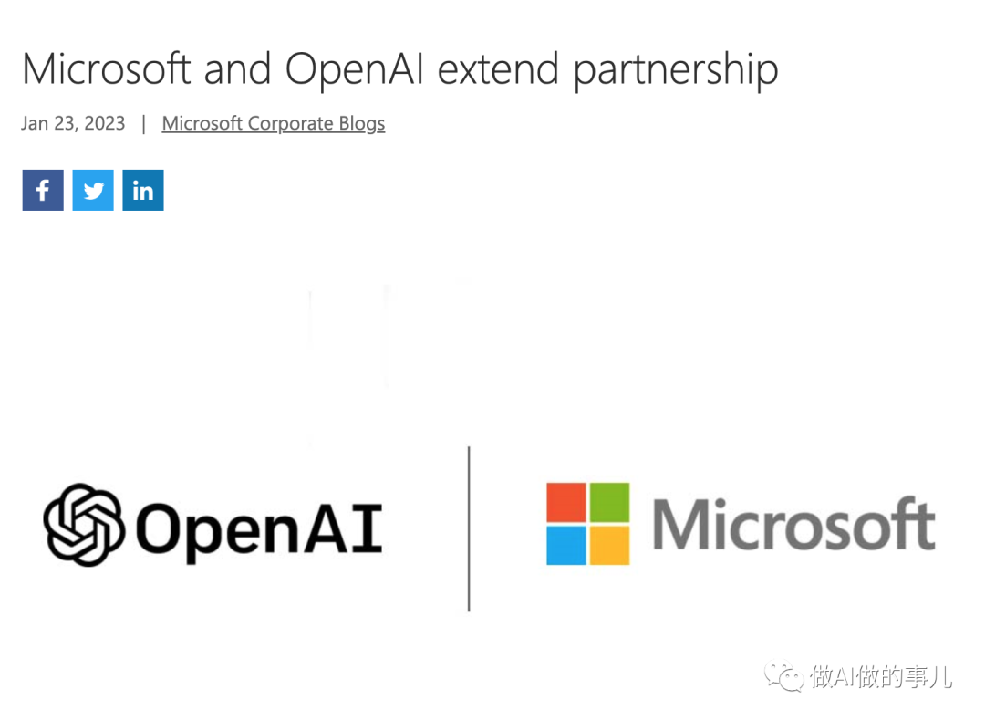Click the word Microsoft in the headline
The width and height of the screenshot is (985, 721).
[x=107, y=69]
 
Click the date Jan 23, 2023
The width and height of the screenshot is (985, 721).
[x=73, y=124]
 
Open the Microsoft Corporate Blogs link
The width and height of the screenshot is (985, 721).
[x=274, y=124]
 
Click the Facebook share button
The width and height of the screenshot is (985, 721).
[x=43, y=190]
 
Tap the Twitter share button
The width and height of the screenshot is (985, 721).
[x=93, y=190]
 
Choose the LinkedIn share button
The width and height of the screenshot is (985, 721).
[x=143, y=190]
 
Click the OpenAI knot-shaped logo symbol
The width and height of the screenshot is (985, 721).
[x=84, y=524]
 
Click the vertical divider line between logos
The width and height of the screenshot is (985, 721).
[x=469, y=529]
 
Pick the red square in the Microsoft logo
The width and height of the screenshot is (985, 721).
[x=566, y=502]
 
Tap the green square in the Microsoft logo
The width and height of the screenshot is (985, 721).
[x=608, y=502]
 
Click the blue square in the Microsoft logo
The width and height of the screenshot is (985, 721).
[x=566, y=545]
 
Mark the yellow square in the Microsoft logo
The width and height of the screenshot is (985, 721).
[x=608, y=545]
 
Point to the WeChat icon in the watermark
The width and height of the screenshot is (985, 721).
[x=784, y=676]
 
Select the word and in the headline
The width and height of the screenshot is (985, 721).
[x=239, y=69]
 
